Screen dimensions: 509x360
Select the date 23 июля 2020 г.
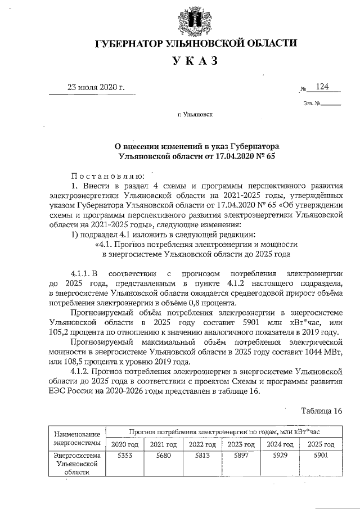[96, 87]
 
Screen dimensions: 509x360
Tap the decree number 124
[322, 87]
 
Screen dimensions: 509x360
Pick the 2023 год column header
[242, 444]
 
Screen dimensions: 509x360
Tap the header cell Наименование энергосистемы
[76, 439]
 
